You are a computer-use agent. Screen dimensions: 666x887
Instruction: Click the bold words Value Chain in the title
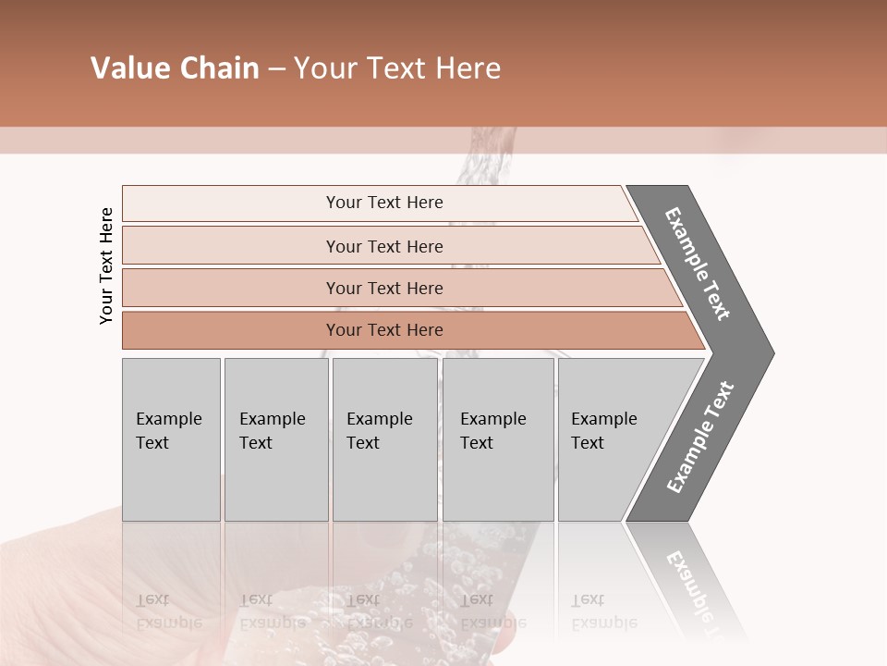point(175,68)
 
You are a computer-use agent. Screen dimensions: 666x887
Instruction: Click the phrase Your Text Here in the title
point(397,68)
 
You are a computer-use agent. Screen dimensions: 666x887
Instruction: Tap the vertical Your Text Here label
point(106,265)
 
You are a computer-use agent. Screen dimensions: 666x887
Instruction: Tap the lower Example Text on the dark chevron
point(699,438)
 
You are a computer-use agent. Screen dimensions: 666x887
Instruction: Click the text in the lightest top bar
point(384,203)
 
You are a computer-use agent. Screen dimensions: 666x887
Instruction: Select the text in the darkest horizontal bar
point(384,330)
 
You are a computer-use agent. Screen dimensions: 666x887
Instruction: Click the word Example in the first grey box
point(168,419)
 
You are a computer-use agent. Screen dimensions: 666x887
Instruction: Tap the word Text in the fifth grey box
point(588,443)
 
